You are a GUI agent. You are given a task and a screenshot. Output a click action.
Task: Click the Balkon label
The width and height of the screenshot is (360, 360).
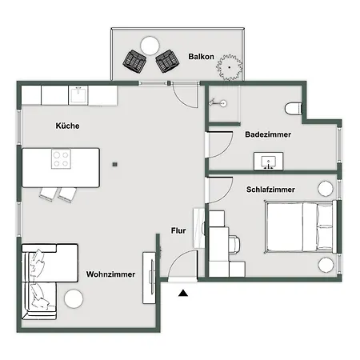click(201, 57)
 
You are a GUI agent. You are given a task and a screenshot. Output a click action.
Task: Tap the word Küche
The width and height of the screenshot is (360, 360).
click(67, 126)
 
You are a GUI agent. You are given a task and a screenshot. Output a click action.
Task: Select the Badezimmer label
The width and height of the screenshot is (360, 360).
click(268, 134)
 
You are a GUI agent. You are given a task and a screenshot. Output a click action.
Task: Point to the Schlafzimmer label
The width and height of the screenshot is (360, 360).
click(270, 190)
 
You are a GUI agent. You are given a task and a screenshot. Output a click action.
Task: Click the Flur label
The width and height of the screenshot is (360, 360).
click(178, 230)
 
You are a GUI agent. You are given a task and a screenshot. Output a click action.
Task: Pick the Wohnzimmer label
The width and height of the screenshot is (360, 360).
click(110, 274)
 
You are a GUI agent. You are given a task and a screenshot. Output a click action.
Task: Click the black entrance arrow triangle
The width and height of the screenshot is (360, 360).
click(183, 293)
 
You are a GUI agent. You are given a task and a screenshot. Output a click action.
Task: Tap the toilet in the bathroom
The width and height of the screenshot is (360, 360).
click(294, 109)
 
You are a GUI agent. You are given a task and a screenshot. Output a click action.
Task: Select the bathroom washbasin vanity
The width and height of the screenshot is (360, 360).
click(268, 161)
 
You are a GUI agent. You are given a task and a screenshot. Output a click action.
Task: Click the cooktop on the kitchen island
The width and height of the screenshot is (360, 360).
click(61, 159)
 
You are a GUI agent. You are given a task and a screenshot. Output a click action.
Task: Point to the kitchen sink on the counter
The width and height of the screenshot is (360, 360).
click(78, 95)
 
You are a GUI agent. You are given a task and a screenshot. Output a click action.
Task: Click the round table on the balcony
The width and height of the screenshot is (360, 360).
click(150, 46)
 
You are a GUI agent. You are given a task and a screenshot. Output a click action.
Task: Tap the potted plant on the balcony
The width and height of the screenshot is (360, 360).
click(230, 67)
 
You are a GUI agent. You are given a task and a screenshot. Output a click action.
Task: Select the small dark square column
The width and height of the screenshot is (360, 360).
click(115, 165)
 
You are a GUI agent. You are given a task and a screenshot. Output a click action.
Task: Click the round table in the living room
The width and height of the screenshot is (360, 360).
click(74, 298)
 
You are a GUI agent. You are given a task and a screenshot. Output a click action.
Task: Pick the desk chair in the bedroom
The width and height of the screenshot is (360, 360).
click(234, 244)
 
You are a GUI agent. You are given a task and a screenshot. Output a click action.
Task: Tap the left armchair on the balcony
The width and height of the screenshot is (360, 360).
click(134, 61)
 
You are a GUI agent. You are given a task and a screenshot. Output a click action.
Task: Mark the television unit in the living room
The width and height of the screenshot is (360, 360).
click(149, 278)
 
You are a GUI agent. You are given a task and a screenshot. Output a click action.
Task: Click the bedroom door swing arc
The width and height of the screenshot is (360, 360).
click(226, 194)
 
